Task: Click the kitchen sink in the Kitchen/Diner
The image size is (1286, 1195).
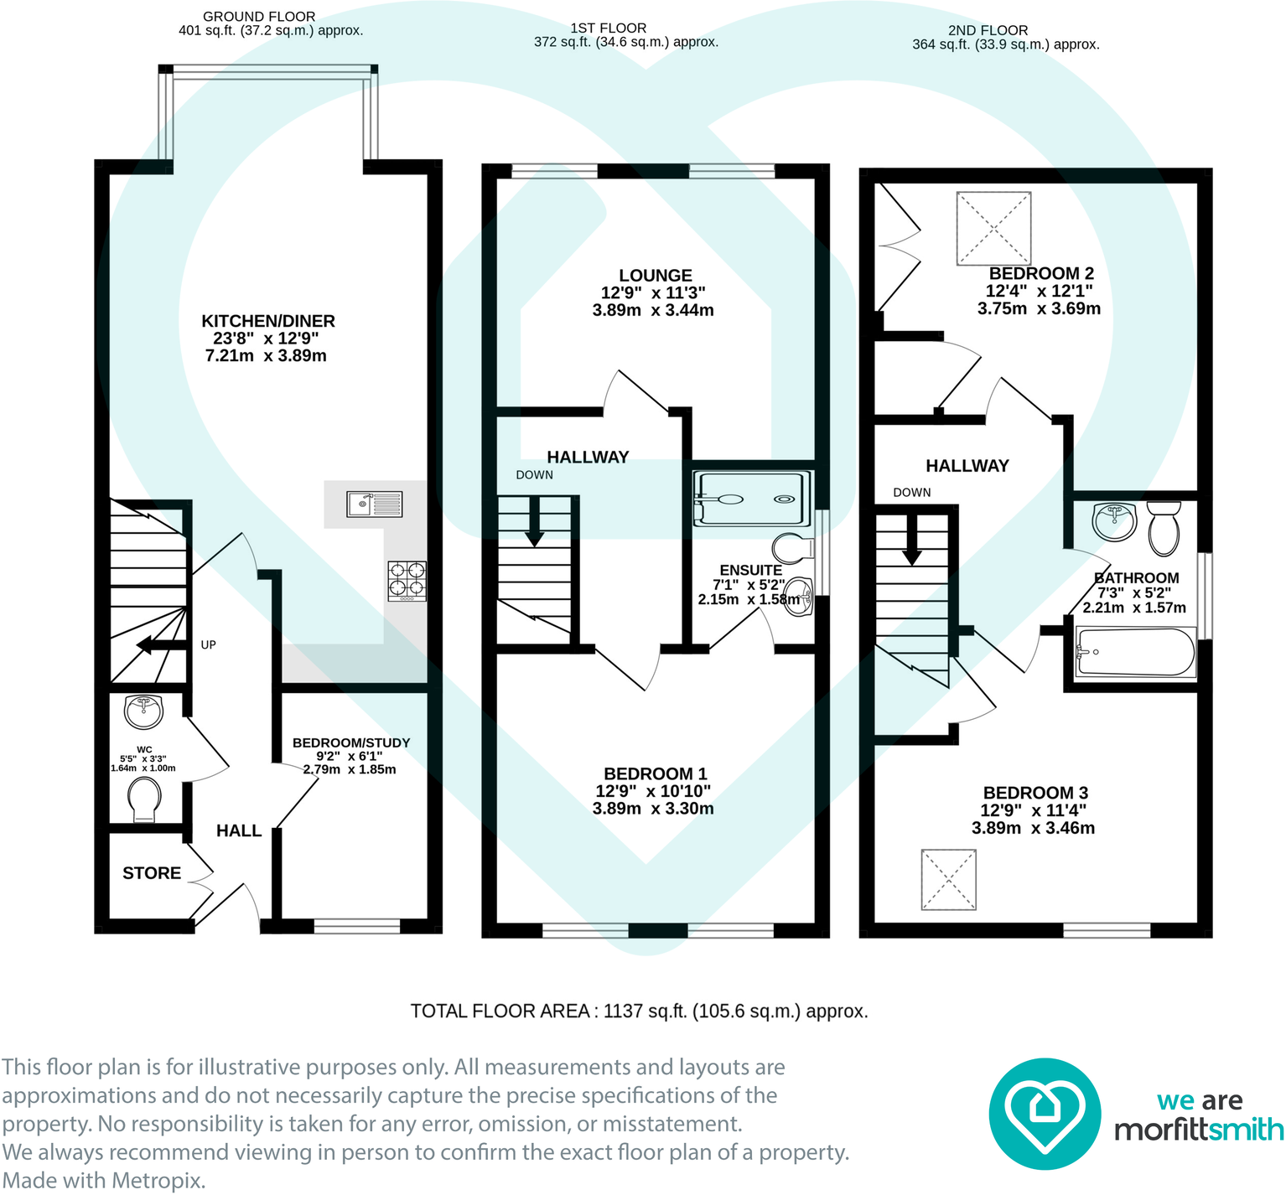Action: coord(375,504)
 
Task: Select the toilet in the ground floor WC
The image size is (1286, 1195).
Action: coord(144,800)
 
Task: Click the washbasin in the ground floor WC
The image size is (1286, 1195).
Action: coord(144,711)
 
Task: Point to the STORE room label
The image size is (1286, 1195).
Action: coord(152,873)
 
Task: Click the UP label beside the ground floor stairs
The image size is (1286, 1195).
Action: coord(209,644)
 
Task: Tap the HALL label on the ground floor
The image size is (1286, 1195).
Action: coord(239,830)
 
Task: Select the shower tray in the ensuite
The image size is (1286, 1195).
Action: coord(753,499)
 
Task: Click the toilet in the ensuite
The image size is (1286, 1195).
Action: coord(793,549)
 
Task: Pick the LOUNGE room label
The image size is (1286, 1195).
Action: coord(656,275)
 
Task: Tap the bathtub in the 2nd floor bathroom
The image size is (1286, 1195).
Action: coord(1136,652)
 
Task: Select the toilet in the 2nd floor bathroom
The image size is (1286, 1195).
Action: coord(1164,528)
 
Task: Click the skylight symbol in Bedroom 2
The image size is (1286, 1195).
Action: coord(993,228)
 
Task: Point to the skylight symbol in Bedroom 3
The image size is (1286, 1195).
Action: coord(949,879)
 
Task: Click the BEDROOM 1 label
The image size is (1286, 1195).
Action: coord(656,773)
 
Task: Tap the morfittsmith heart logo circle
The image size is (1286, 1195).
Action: coord(1045,1114)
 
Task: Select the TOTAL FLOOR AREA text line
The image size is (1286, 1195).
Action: coord(639,1011)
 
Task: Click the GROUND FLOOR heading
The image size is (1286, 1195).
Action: coord(259,17)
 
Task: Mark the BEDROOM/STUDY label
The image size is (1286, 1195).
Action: coord(351,742)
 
